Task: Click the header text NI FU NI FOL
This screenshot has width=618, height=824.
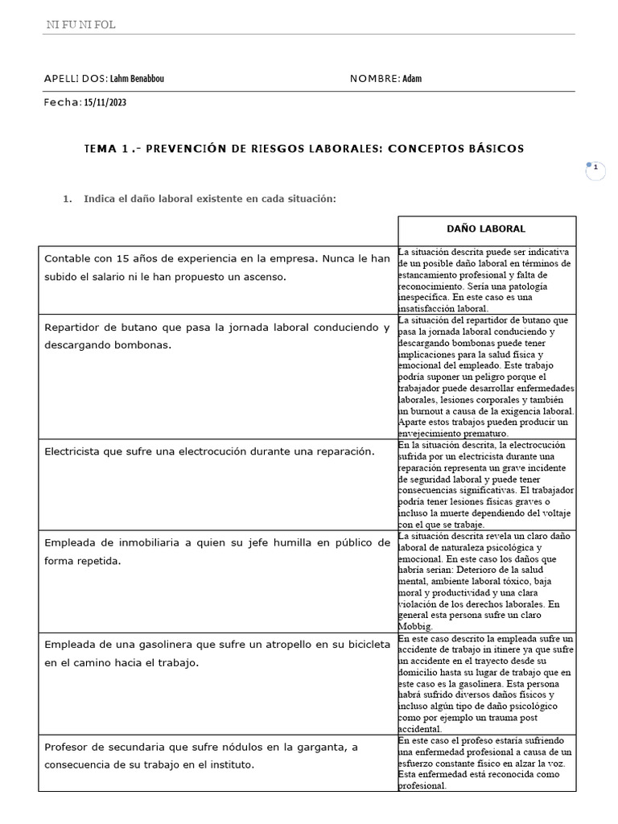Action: [x=80, y=25]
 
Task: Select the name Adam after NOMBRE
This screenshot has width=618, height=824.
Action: [x=411, y=79]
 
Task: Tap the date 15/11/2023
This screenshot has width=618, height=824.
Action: [x=105, y=103]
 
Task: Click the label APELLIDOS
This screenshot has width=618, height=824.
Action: [x=76, y=79]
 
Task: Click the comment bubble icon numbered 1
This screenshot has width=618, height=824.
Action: [x=595, y=168]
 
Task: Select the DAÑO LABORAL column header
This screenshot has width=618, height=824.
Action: [x=486, y=229]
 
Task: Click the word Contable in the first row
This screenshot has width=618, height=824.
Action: [x=68, y=259]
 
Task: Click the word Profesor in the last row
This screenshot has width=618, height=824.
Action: [x=69, y=747]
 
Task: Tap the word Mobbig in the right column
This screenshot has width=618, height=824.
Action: [x=415, y=625]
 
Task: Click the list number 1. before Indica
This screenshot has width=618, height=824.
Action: [x=68, y=199]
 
